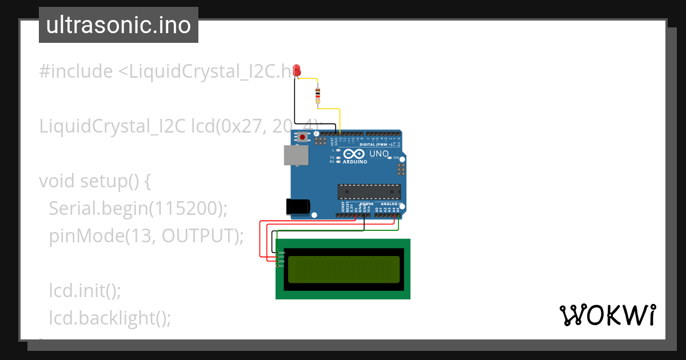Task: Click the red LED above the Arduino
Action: click(x=296, y=70)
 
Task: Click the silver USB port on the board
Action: click(x=296, y=155)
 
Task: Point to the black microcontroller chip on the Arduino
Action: click(x=369, y=191)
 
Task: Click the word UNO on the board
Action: click(x=380, y=154)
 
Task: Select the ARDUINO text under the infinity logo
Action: click(x=354, y=161)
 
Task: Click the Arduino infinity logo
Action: click(x=354, y=154)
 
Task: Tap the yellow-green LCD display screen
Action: click(x=344, y=270)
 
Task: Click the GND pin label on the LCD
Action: click(x=281, y=253)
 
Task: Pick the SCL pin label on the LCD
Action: click(x=281, y=266)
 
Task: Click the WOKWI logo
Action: click(x=607, y=315)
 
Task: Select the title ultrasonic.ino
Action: click(x=118, y=25)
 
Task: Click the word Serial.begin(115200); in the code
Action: click(x=138, y=208)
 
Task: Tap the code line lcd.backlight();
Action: click(x=110, y=318)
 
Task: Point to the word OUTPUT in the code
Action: click(x=198, y=235)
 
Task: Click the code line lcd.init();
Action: click(x=85, y=290)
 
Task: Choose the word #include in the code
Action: click(x=76, y=71)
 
